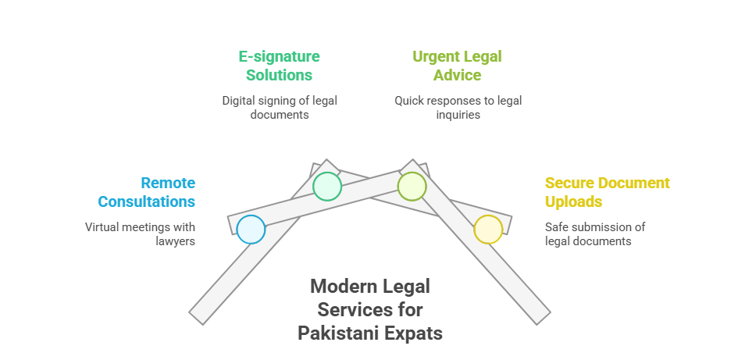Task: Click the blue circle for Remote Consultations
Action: coord(251,230)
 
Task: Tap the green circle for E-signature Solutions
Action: coord(327,187)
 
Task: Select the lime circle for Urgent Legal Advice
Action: coord(412,187)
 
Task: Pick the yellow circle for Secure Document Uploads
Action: coord(488,230)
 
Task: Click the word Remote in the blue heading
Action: coord(168,183)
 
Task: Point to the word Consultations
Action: coord(146,201)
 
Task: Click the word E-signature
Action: coord(280,57)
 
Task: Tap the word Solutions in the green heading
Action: coord(280,75)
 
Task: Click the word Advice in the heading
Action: coord(458,75)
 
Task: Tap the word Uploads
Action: coord(573,202)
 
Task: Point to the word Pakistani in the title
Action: coord(339,333)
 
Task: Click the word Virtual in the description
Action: coord(100,227)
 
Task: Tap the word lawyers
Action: coord(175,241)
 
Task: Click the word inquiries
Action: coord(458,115)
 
